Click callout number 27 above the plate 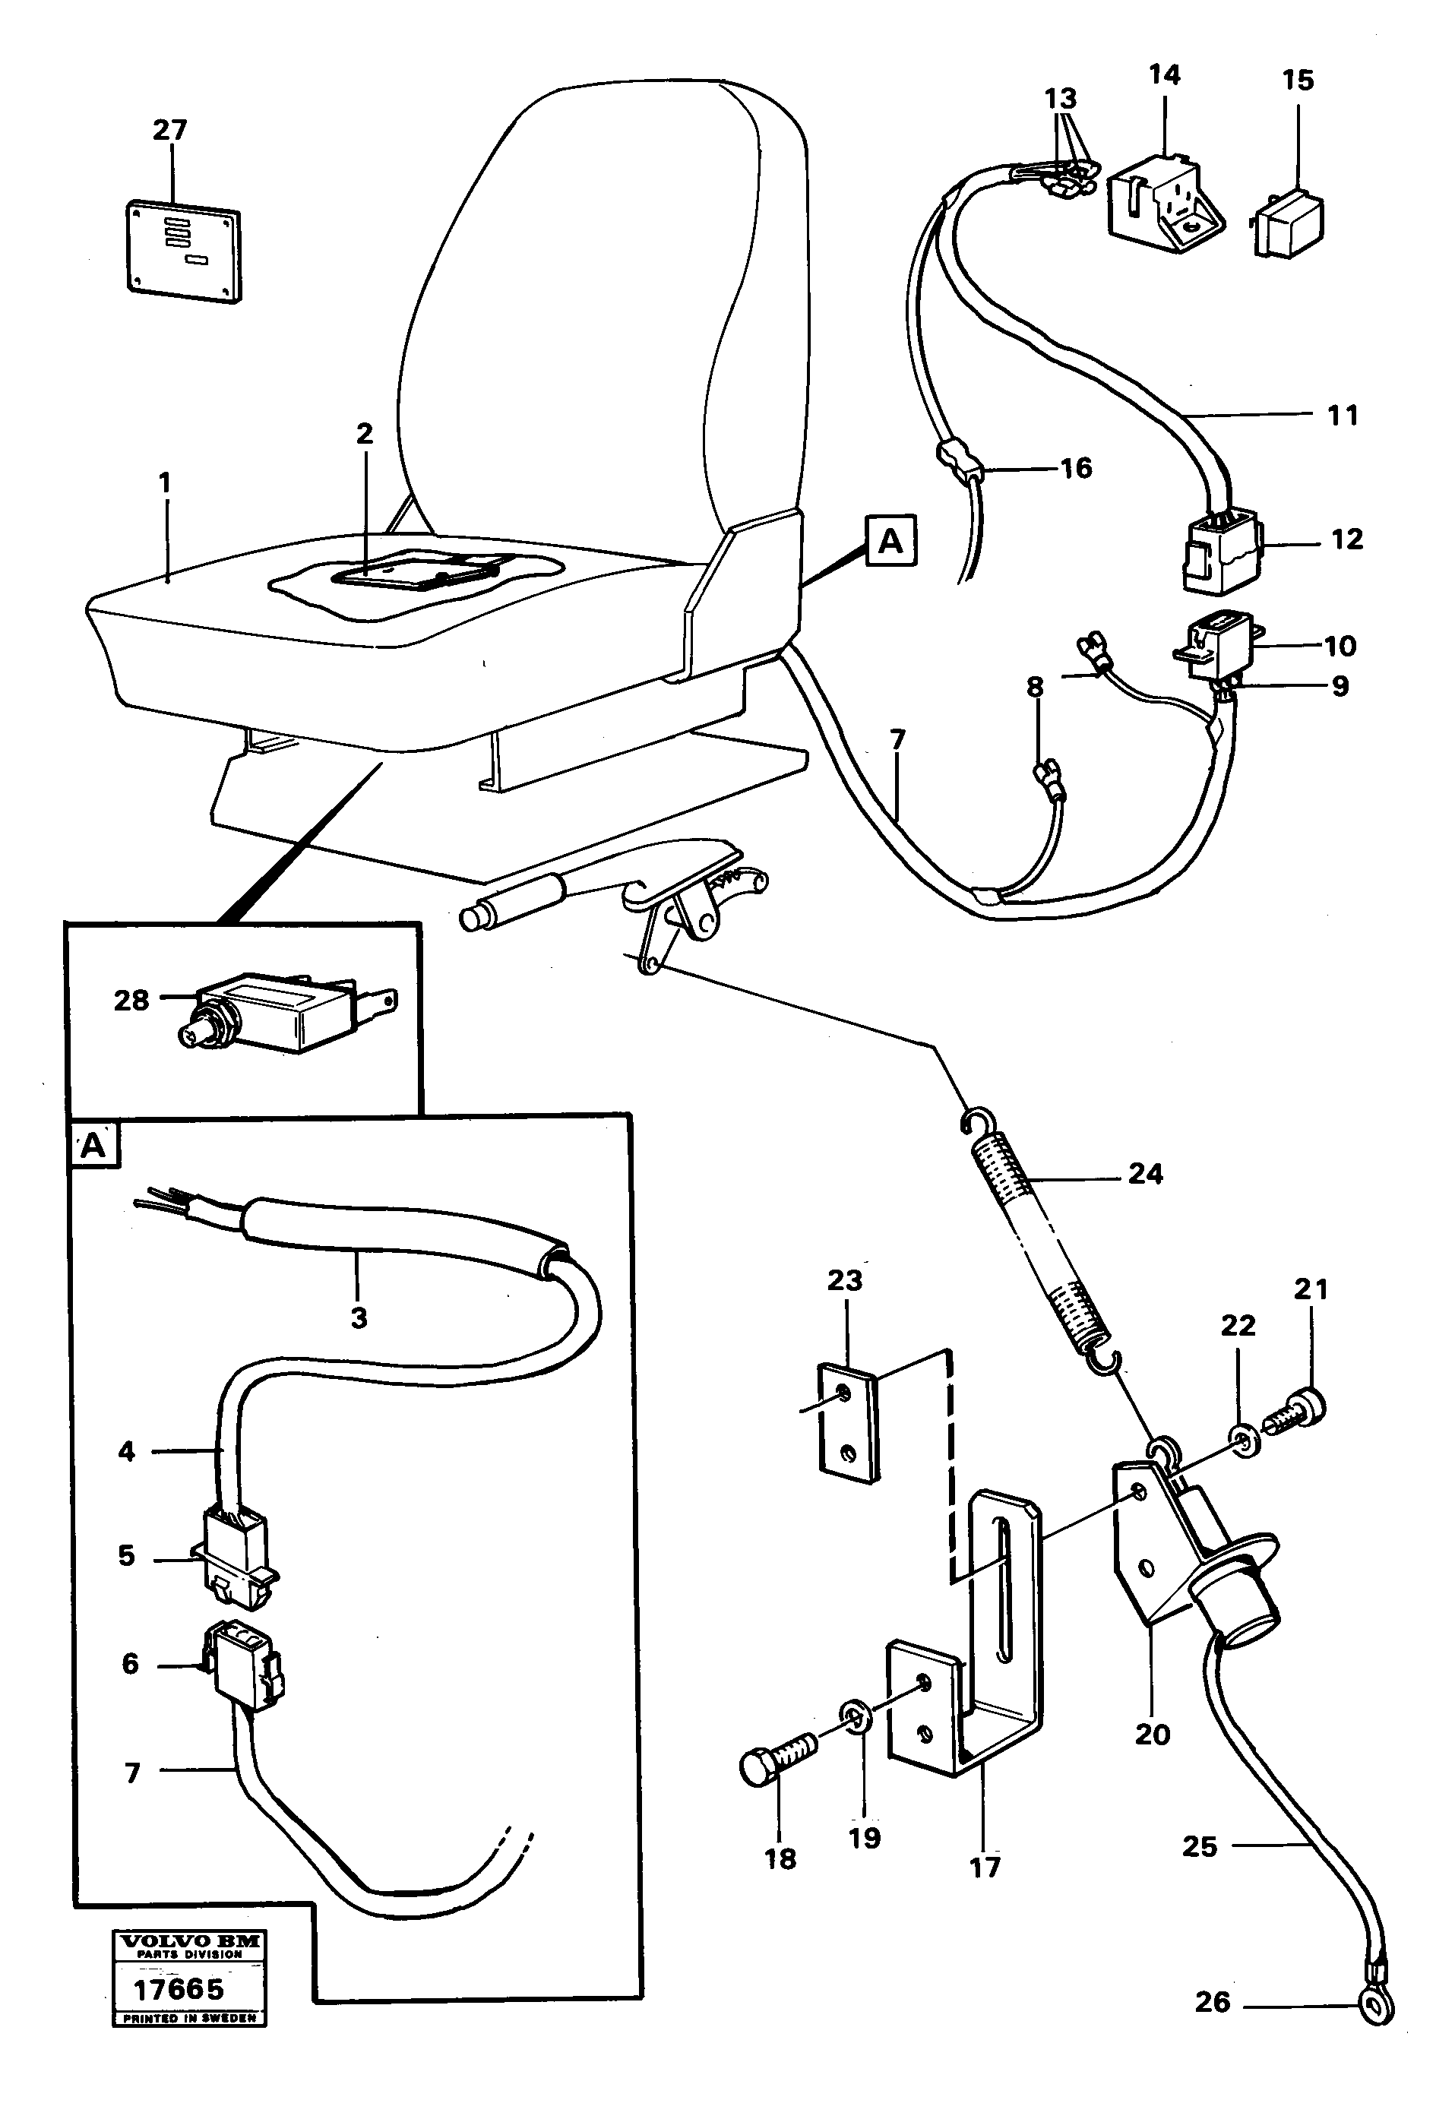click(x=169, y=131)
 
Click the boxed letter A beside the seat click(x=890, y=541)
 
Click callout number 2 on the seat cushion click(x=365, y=434)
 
